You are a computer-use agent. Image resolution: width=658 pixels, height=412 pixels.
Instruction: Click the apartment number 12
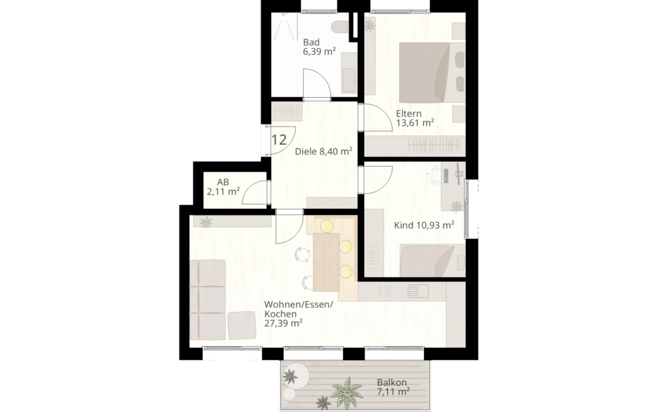(279, 139)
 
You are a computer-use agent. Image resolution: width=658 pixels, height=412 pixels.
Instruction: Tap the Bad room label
(311, 43)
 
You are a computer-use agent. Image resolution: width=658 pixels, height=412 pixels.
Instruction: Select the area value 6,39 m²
(319, 52)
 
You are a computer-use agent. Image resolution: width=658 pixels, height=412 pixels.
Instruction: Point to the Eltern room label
(409, 114)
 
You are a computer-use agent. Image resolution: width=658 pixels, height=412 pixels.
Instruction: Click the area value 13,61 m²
(415, 123)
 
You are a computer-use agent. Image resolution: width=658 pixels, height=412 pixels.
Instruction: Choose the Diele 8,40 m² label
(324, 151)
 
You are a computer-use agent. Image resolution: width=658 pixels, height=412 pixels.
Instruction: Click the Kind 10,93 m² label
(424, 225)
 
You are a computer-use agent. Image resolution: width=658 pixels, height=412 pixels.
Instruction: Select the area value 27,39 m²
(284, 323)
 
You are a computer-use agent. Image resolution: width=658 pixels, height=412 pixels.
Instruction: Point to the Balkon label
(392, 383)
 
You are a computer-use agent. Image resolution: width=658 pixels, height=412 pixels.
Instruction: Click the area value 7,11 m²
(394, 392)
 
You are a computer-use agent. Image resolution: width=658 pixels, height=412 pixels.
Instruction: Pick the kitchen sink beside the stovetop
(417, 291)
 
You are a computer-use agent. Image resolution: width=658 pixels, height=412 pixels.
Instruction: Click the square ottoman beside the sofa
(242, 325)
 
